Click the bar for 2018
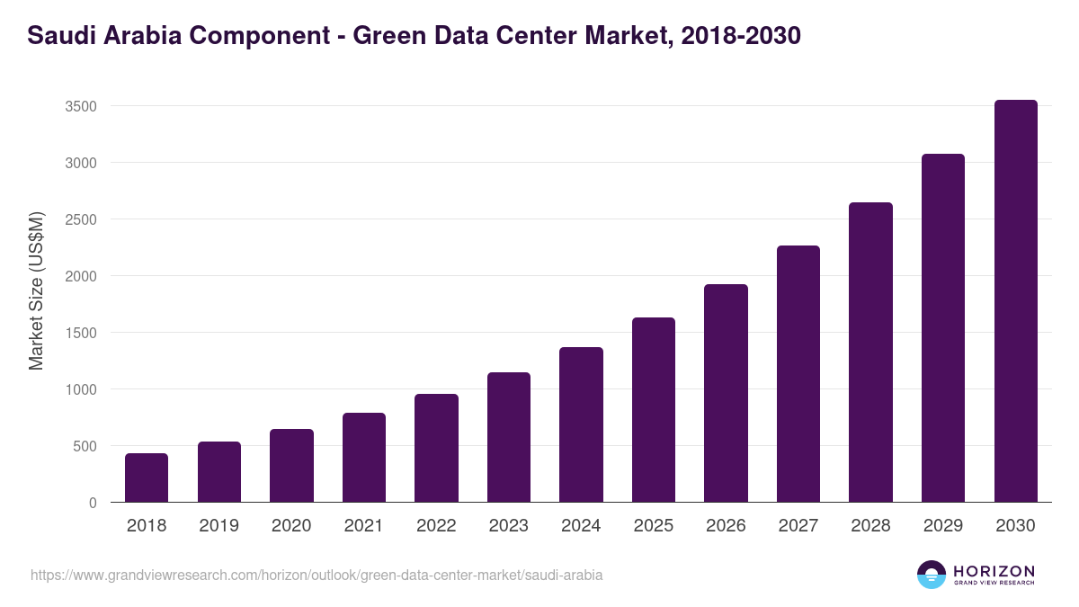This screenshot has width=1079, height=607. pyautogui.click(x=147, y=478)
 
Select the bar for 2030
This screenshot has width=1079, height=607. pyautogui.click(x=1015, y=301)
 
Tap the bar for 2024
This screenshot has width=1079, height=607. pyautogui.click(x=581, y=424)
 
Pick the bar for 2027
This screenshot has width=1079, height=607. pyautogui.click(x=798, y=374)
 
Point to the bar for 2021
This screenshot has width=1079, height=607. pyautogui.click(x=364, y=458)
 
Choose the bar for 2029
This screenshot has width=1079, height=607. pyautogui.click(x=942, y=328)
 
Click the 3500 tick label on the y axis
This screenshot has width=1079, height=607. pyautogui.click(x=80, y=106)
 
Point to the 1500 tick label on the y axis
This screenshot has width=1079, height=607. pyautogui.click(x=80, y=333)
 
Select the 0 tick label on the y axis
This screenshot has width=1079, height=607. pyautogui.click(x=92, y=503)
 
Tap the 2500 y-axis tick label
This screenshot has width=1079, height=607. pyautogui.click(x=80, y=219)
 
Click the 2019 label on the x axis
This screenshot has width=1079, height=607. pyautogui.click(x=218, y=526)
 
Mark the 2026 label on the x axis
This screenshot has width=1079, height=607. pyautogui.click(x=726, y=526)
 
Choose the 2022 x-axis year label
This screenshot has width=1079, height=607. pyautogui.click(x=436, y=526)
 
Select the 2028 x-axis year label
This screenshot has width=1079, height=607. pyautogui.click(x=870, y=526)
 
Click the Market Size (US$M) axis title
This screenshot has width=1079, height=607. pyautogui.click(x=36, y=290)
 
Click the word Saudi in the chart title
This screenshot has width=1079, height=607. pyautogui.click(x=60, y=36)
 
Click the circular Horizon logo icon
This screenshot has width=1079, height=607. pyautogui.click(x=931, y=575)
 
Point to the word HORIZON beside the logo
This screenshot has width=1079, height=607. pyautogui.click(x=994, y=570)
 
